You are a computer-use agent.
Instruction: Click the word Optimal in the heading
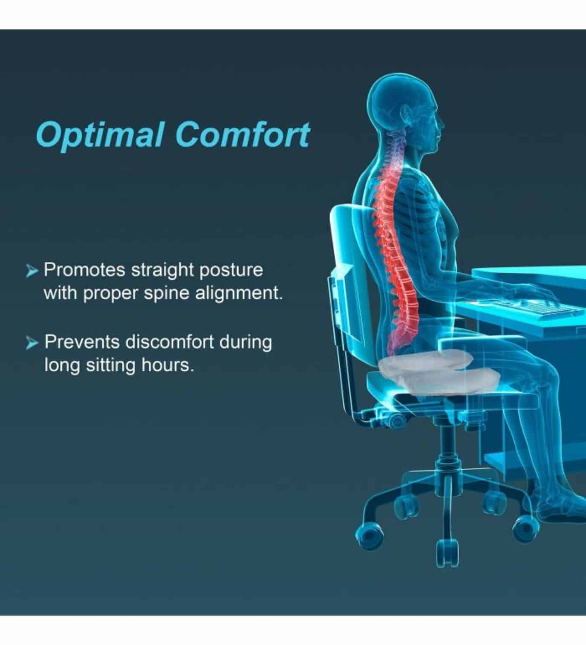click(x=99, y=136)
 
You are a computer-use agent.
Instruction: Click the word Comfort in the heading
click(x=242, y=134)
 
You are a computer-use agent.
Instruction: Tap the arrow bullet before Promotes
click(x=32, y=271)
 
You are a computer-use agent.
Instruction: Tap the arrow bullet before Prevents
click(x=32, y=343)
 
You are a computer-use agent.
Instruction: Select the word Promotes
click(x=84, y=270)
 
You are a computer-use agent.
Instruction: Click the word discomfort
click(x=170, y=342)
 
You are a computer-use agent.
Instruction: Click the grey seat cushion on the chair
click(x=425, y=371)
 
